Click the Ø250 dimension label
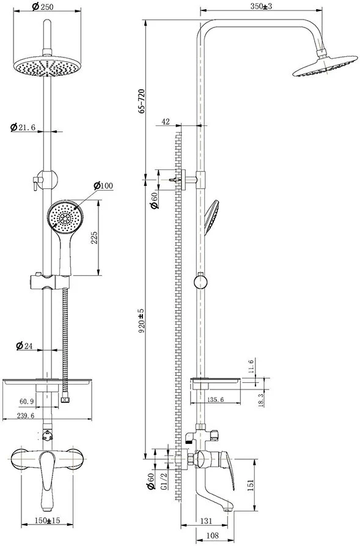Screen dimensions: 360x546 coord(42,6)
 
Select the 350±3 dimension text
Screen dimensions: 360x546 coord(261,6)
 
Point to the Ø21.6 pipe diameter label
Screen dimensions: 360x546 coord(23,127)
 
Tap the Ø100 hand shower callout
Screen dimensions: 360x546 coord(103,185)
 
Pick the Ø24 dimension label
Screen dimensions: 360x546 coord(24,346)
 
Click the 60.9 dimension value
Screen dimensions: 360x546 coord(26,402)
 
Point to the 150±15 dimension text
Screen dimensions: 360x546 coord(47,520)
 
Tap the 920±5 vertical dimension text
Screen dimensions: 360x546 coord(141,322)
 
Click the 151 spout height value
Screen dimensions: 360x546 coord(251,485)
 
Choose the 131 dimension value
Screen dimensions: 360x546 coord(206,521)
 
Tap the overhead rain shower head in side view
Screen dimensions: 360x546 coord(325,65)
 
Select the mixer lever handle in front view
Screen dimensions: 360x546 coord(46,481)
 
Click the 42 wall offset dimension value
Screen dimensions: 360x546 coord(166,121)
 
